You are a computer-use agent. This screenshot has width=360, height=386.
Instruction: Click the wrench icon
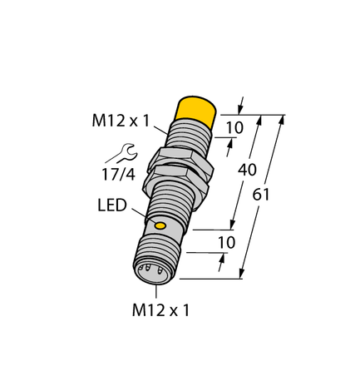point(116,152)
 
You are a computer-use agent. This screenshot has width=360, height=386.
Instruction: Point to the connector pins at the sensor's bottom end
point(145,269)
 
